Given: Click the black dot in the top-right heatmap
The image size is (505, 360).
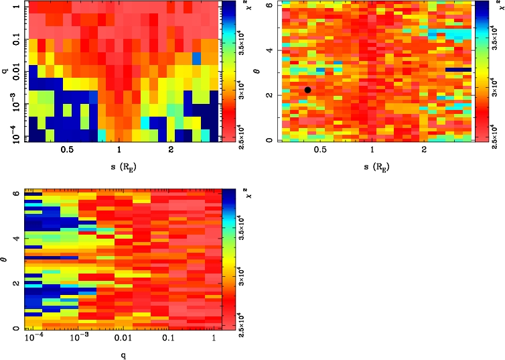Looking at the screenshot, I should (x=307, y=90).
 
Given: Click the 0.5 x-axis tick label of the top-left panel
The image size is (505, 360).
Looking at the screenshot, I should (x=67, y=152).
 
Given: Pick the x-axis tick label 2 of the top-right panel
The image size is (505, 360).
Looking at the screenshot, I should (x=424, y=152).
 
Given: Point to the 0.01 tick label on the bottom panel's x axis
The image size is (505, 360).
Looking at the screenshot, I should (x=123, y=340).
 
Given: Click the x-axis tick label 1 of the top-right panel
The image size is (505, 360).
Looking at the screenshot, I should (x=372, y=152).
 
